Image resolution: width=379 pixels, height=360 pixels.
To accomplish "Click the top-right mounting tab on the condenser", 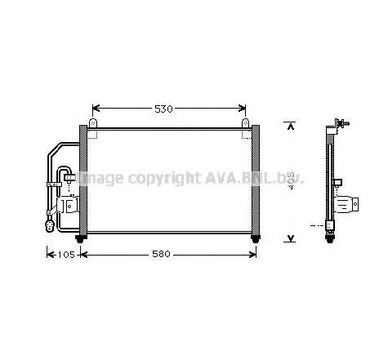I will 245,124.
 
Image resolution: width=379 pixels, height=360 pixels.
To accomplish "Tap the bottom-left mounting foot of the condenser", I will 80,238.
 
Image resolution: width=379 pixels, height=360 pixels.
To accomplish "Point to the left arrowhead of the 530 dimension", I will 96,109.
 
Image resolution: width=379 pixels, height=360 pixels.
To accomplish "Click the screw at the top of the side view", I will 346,122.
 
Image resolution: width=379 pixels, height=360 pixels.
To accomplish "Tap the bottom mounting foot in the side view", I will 330,238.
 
